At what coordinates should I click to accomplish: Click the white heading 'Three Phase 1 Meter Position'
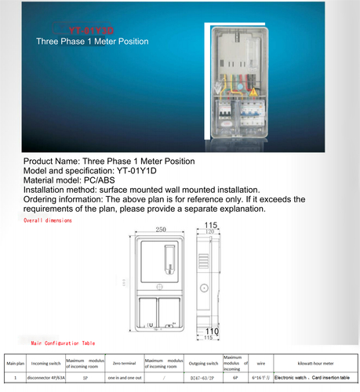tap(93, 40)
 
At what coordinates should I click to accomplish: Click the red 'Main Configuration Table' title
tap(63, 343)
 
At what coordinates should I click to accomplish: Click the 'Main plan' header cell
tap(15, 363)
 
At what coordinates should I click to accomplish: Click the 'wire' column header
tap(260, 363)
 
